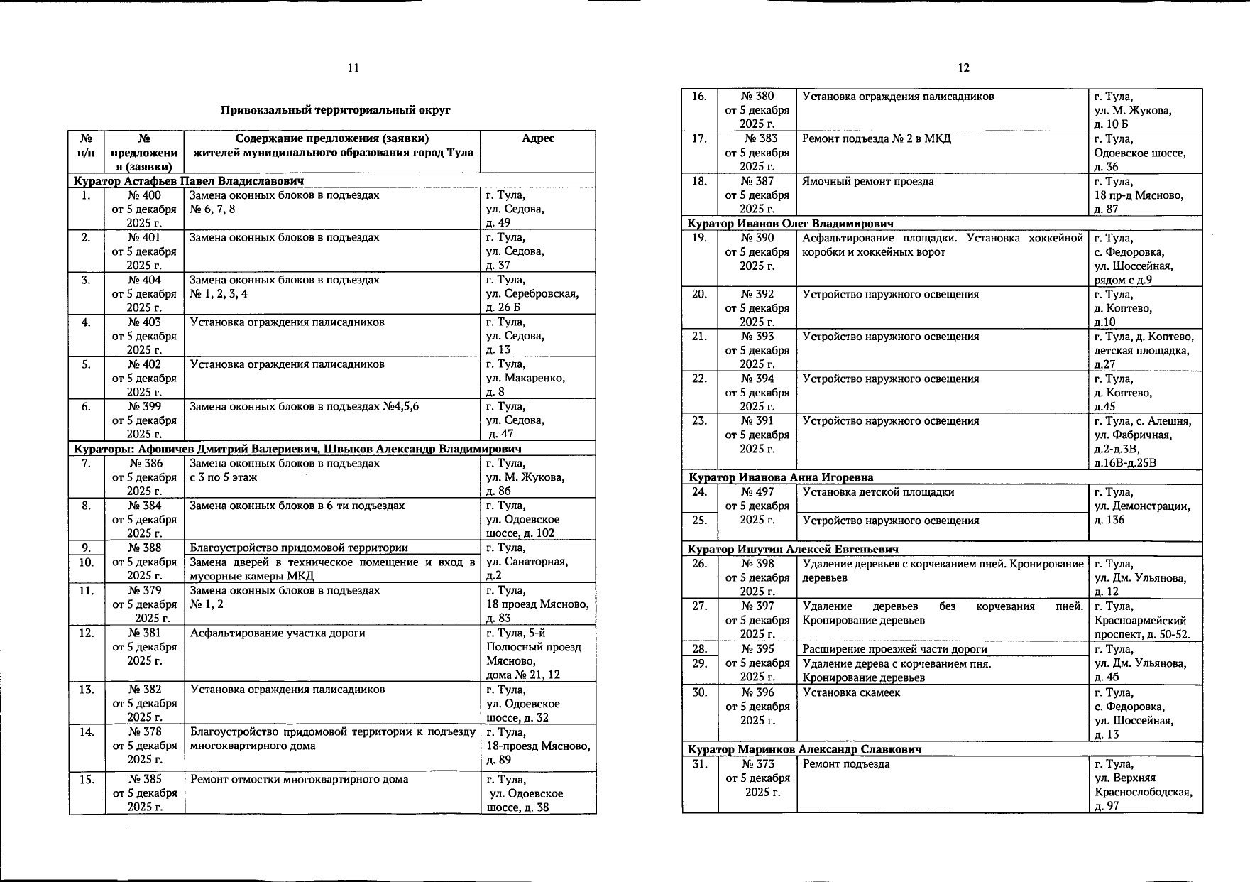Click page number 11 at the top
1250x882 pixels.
(x=353, y=68)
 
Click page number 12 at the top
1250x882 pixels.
(x=963, y=68)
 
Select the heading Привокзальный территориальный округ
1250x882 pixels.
(x=335, y=110)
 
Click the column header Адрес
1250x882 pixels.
(x=537, y=138)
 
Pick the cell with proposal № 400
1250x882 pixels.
(x=144, y=195)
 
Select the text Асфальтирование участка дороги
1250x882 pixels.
(x=278, y=633)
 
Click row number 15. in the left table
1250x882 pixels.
(x=87, y=780)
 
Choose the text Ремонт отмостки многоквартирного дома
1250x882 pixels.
(x=300, y=780)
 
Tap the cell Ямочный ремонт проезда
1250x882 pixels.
(x=868, y=182)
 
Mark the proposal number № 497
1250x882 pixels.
(x=757, y=492)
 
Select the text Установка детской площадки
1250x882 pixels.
(x=878, y=492)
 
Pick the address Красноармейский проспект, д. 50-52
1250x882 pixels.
(x=1142, y=628)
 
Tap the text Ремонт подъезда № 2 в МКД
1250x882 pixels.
(x=876, y=139)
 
